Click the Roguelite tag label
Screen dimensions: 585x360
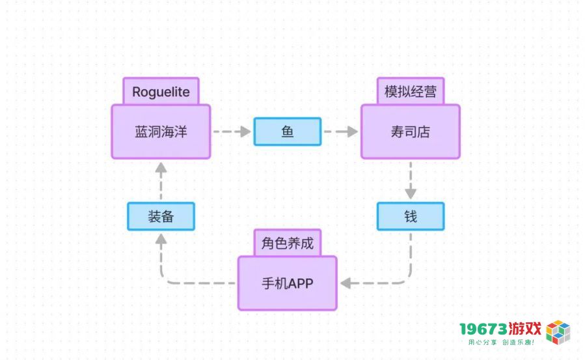[161, 91]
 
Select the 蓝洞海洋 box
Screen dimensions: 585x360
[161, 132]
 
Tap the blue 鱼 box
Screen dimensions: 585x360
[287, 132]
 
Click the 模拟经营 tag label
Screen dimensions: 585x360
[411, 91]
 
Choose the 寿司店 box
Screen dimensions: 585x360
[411, 132]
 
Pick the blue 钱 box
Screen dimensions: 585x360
[411, 216]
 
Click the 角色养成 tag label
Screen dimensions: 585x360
[287, 243]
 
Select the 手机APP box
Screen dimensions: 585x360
[287, 283]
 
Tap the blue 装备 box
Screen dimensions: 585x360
[161, 216]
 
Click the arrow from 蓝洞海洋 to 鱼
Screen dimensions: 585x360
[232, 132]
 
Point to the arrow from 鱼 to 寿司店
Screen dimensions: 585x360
[341, 132]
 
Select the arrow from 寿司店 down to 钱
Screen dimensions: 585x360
[411, 180]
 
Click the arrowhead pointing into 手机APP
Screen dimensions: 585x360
[346, 283]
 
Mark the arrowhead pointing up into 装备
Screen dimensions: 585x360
[161, 239]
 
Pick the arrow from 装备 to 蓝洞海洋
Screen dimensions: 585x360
[161, 181]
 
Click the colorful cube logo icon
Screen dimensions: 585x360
[558, 331]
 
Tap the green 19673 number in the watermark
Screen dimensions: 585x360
[483, 329]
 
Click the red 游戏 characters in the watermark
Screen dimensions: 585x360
[524, 329]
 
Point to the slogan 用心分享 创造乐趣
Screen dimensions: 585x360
[502, 342]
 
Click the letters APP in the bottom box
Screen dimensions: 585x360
[301, 284]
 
